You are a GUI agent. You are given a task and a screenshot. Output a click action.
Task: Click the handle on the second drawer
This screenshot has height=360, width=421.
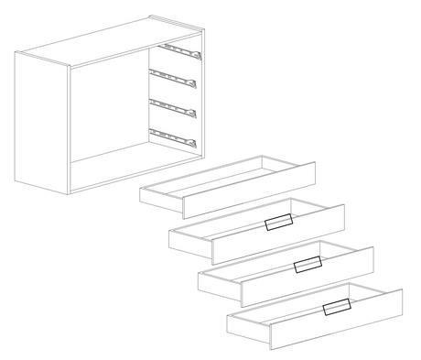pos(278,223)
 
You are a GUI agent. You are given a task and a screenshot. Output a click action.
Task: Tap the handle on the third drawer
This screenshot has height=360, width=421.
pos(308,265)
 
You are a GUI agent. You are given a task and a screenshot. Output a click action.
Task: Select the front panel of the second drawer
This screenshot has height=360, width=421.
pos(275,231)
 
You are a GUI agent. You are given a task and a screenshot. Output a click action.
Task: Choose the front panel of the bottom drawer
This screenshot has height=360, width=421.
pos(334,317)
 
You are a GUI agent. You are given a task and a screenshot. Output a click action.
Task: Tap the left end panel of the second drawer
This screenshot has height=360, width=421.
pos(189,239)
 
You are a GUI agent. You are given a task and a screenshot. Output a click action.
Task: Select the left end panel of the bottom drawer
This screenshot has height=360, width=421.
pos(247,324)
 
